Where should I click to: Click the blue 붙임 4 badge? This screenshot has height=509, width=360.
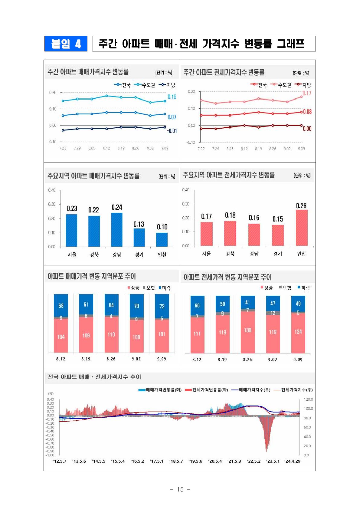click(66, 44)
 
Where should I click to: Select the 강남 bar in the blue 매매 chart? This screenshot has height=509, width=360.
click(117, 230)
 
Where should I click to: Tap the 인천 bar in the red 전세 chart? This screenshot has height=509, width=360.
click(301, 228)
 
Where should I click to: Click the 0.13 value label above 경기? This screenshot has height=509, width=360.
click(139, 224)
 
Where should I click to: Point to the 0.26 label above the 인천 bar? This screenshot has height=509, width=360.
click(301, 206)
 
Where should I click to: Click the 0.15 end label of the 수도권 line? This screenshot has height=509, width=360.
click(172, 97)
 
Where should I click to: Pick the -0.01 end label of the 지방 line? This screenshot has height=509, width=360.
click(172, 131)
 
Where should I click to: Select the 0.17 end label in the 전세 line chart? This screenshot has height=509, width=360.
click(307, 93)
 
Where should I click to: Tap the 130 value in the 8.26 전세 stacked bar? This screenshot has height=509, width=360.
click(247, 330)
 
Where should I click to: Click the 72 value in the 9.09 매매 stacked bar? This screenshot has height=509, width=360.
click(162, 306)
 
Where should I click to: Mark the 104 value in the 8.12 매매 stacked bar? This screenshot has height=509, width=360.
click(61, 337)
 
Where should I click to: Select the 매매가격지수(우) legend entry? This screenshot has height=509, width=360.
click(251, 390)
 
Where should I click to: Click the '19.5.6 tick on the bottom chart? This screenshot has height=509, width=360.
click(195, 461)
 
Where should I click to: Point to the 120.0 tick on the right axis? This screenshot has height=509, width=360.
click(308, 399)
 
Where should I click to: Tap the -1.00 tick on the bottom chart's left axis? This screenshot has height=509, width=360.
click(50, 455)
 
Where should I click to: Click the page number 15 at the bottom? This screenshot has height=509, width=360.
click(180, 489)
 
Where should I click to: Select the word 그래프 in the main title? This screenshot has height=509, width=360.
click(290, 44)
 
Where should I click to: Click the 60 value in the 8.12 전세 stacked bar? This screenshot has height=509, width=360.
click(197, 306)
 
